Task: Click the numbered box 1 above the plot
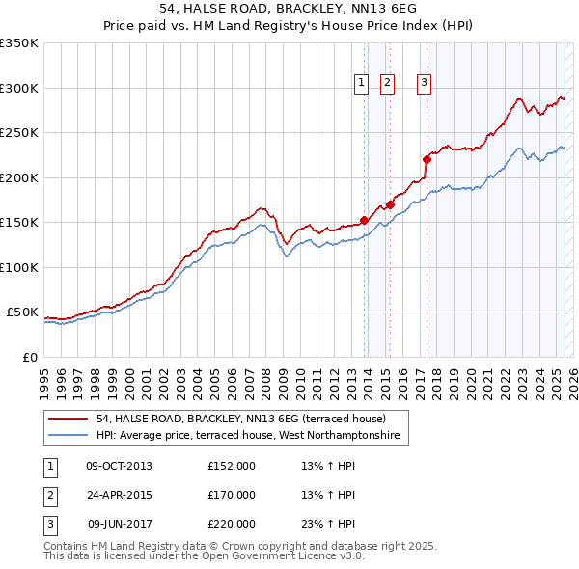coord(361,84)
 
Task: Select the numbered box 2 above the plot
coord(387,84)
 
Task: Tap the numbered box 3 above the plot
coord(424,84)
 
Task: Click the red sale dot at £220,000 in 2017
coord(427,159)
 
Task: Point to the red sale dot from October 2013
coord(365,220)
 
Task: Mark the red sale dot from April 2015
coord(391,204)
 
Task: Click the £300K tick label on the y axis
coord(19,88)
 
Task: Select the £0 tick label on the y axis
coord(28,357)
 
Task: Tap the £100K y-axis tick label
coord(19,267)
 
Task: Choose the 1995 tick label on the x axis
coord(44,379)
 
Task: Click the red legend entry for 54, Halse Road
coord(240,419)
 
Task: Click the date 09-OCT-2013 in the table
coord(119,466)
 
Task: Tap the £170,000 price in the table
coord(232,495)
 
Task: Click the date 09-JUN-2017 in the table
coord(119,524)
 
